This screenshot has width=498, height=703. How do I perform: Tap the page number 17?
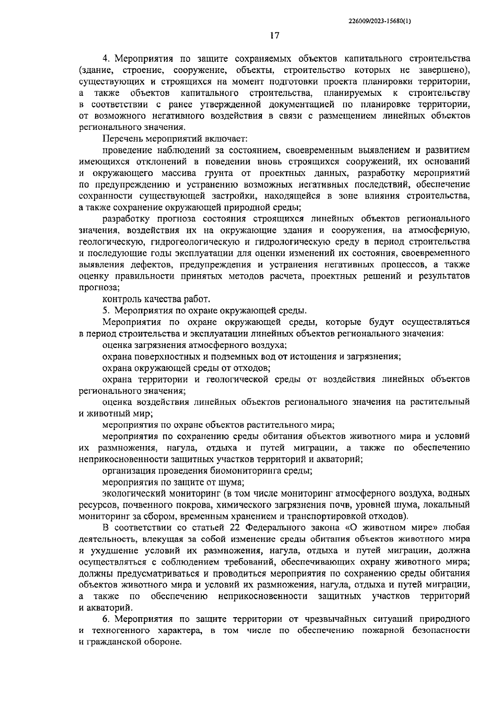pos(274,36)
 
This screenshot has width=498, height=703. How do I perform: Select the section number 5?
pos(105,310)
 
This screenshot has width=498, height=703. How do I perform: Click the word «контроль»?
pos(121,299)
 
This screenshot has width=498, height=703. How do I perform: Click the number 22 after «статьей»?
pos(234,528)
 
